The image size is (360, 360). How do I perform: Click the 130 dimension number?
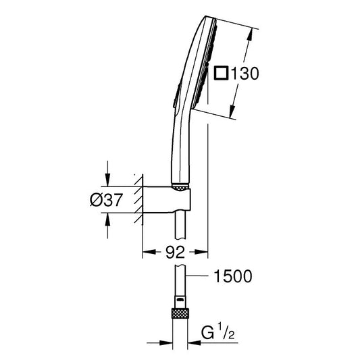245,74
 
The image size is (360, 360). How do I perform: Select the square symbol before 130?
221,73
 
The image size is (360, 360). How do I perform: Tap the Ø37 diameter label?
106,200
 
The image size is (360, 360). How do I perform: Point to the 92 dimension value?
175,252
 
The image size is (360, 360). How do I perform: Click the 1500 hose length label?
233,276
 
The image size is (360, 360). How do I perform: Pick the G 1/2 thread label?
218,333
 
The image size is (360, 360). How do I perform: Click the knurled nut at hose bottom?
180,313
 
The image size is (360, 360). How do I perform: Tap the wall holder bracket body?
167,199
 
